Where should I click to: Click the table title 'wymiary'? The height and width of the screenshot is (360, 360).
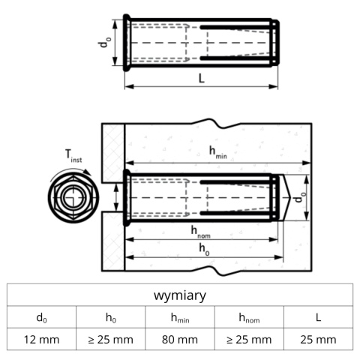point(180,295)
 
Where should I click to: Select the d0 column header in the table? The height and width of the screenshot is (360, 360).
point(41,317)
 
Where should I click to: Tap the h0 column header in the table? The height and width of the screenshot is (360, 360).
point(110,317)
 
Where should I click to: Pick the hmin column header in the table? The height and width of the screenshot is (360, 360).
point(180,317)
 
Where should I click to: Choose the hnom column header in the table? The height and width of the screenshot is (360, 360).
point(249,317)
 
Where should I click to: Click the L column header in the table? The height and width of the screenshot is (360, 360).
point(318,317)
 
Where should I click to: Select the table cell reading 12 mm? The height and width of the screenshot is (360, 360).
point(41,339)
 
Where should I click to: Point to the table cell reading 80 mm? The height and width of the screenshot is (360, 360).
point(180,339)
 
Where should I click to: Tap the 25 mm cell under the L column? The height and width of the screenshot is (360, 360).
point(318,339)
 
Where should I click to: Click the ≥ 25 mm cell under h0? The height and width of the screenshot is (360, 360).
point(110,339)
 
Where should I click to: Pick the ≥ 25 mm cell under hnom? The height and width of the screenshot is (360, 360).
point(249,339)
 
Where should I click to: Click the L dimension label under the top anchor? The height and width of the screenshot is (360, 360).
point(202,79)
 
